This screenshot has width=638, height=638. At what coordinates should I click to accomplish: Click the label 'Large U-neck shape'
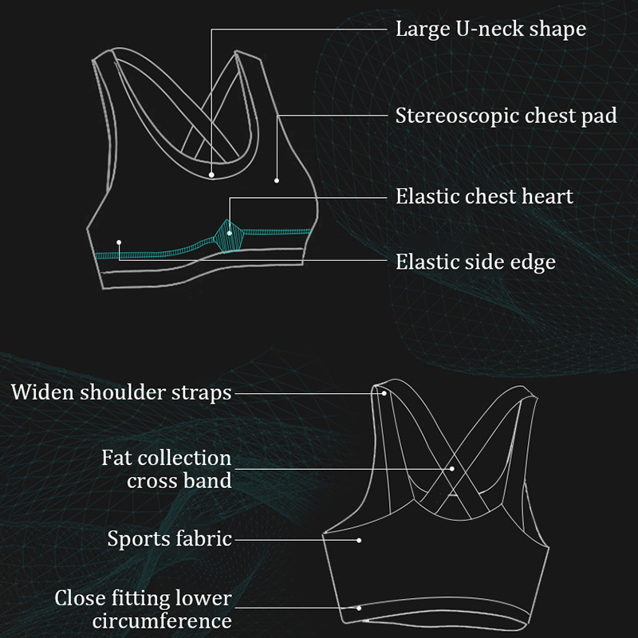[490, 30]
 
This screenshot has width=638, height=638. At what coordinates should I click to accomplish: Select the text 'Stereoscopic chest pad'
[506, 116]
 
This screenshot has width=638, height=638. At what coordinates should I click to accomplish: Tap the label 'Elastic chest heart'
[484, 196]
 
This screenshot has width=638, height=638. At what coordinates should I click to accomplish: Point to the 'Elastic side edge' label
[475, 262]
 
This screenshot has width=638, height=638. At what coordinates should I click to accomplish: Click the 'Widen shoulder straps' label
[121, 392]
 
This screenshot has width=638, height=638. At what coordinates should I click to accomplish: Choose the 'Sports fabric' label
[169, 539]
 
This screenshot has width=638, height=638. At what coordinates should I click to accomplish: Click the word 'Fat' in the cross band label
[116, 459]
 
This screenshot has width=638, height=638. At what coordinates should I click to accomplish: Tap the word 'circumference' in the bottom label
[162, 621]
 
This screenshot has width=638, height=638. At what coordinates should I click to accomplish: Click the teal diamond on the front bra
[230, 234]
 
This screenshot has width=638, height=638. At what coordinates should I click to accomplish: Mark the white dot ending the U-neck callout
[212, 174]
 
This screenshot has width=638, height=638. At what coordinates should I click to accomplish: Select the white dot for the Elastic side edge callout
[119, 242]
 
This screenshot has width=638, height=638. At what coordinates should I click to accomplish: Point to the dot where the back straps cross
[451, 468]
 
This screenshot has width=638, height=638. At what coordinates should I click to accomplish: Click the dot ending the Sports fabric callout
[359, 540]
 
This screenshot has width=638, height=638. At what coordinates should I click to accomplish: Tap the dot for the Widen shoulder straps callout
[384, 392]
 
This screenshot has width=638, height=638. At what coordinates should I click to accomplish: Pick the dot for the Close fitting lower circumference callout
[359, 608]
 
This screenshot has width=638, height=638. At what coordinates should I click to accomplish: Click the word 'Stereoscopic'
[456, 116]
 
